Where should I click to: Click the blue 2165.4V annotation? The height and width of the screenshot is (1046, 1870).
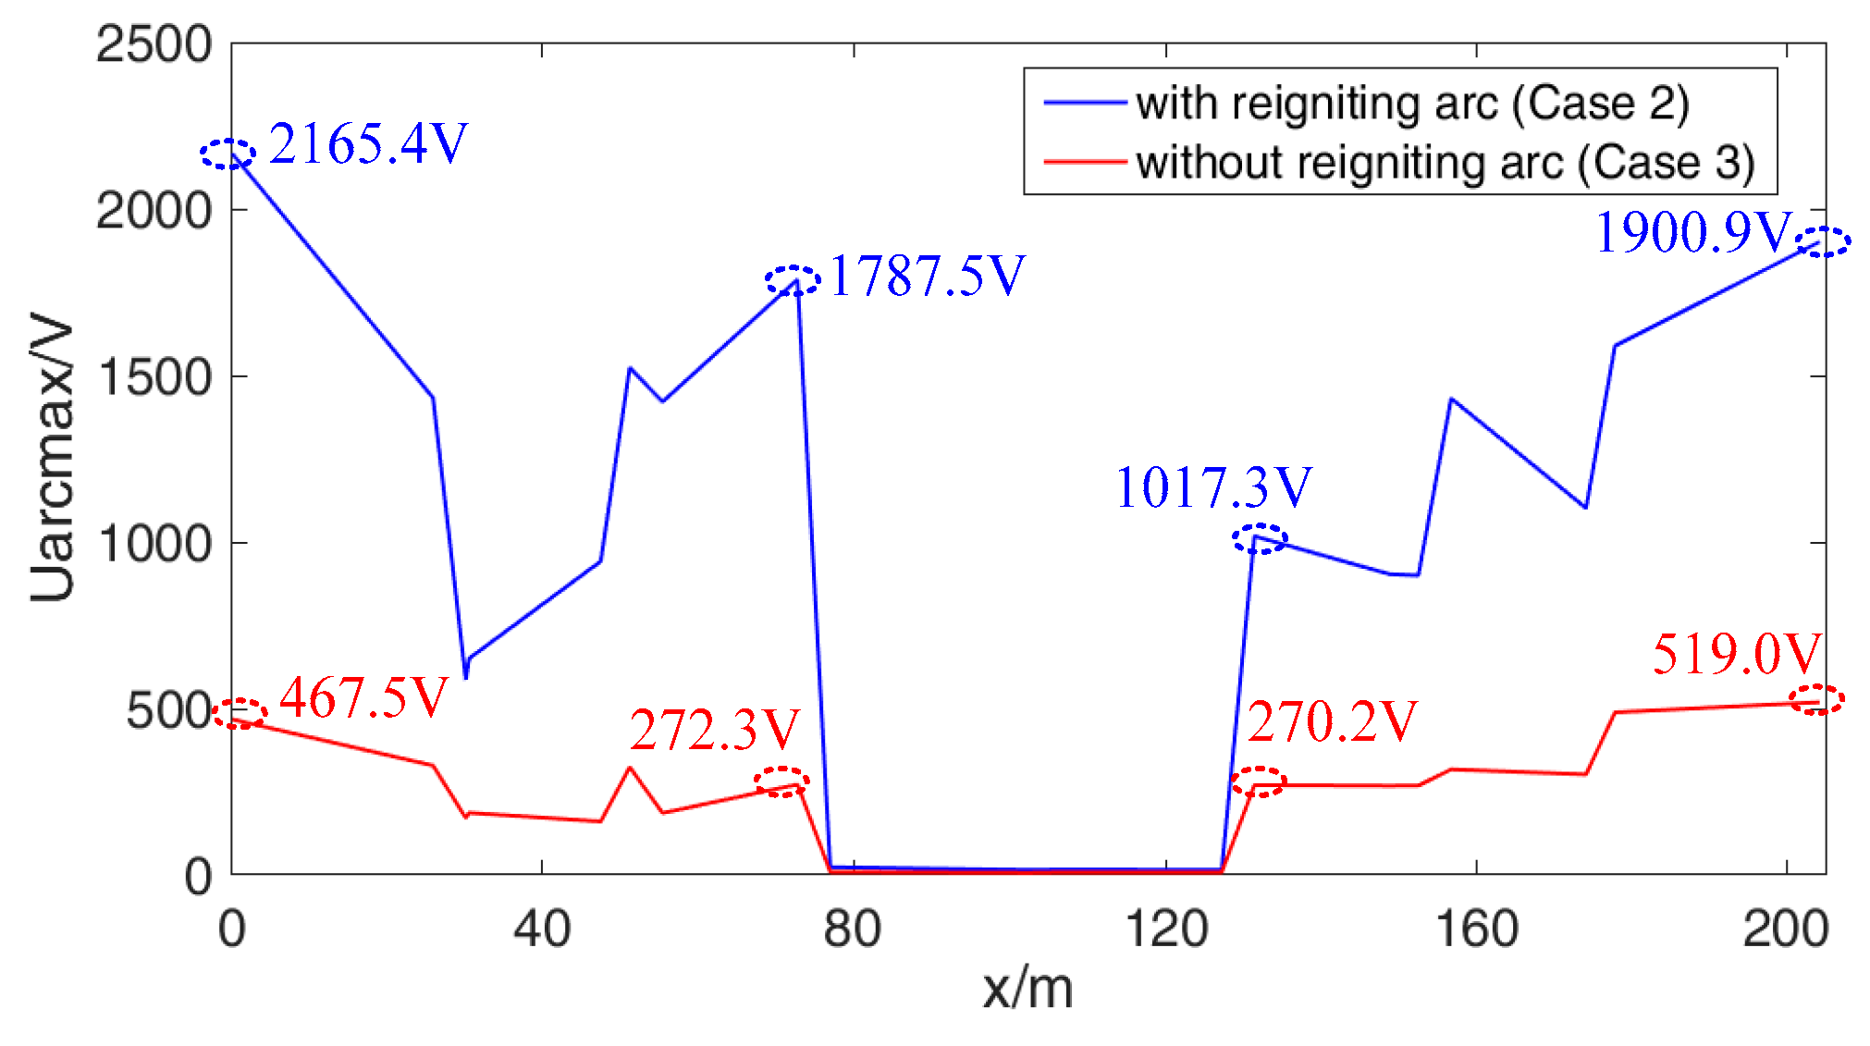click(368, 144)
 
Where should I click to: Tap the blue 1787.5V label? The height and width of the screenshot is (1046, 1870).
click(927, 276)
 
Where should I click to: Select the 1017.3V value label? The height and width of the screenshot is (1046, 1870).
click(1213, 487)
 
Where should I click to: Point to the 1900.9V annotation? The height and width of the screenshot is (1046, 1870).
click(1693, 232)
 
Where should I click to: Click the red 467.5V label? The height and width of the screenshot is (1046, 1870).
click(363, 697)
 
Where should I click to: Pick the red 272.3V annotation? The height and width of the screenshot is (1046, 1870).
click(714, 730)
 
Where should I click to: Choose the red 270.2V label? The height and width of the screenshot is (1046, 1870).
click(1332, 721)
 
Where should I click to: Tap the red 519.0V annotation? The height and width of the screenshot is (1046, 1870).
click(1736, 654)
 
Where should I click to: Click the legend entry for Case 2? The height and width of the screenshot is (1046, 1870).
click(1411, 103)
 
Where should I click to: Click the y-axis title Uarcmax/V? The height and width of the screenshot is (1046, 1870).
click(52, 458)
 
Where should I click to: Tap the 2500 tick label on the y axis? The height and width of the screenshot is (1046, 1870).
click(154, 44)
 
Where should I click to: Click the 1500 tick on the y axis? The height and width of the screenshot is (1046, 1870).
click(154, 377)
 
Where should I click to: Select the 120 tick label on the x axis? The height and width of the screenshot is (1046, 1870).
click(1166, 928)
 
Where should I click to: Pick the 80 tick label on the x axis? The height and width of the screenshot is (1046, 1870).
click(852, 928)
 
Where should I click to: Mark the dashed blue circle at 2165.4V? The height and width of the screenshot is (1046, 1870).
click(228, 154)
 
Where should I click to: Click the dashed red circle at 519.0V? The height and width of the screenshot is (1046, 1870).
click(1816, 699)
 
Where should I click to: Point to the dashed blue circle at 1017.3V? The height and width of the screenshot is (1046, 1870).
click(1259, 538)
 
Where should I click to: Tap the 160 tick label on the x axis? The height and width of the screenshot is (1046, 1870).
click(1476, 928)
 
